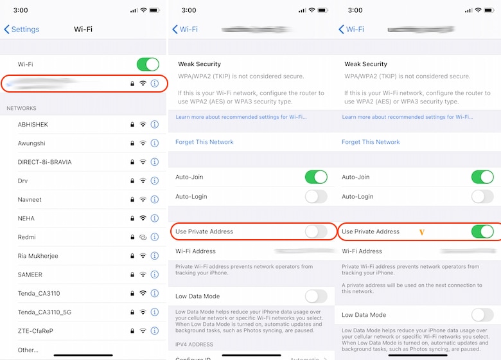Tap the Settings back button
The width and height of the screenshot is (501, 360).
(22, 29)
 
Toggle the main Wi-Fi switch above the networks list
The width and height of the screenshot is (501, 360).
(148, 64)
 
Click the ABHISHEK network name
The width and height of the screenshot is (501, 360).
(33, 125)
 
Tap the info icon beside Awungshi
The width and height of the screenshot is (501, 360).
(154, 143)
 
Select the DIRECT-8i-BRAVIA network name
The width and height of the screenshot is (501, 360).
(45, 162)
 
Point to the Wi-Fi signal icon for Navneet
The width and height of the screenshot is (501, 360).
(143, 200)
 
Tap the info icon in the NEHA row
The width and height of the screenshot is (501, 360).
(154, 219)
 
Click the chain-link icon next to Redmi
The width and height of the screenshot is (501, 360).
(143, 237)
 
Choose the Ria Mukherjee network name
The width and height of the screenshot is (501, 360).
(38, 256)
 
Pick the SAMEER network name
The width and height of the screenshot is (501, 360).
(30, 274)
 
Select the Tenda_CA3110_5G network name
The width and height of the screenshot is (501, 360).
(45, 312)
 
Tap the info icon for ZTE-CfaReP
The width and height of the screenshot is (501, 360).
(154, 331)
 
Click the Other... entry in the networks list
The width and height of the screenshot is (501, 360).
(28, 350)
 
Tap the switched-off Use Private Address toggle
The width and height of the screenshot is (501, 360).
(315, 231)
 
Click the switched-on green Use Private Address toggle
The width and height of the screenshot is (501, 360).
(482, 231)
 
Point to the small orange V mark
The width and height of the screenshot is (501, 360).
(422, 231)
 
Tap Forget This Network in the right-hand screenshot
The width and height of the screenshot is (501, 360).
(371, 142)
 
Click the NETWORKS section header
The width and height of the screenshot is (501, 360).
(21, 108)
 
